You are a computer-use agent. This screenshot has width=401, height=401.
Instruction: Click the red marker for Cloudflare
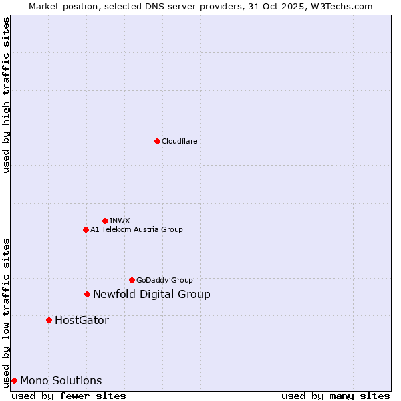click(157, 141)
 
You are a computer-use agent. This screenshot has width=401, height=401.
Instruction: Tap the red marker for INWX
click(105, 221)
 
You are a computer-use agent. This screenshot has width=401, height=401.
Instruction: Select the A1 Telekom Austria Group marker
click(86, 229)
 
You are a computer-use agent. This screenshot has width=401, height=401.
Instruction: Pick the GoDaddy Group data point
click(132, 280)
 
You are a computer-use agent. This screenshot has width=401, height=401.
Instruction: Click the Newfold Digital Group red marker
click(87, 294)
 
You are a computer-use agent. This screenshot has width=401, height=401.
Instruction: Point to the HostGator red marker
click(49, 320)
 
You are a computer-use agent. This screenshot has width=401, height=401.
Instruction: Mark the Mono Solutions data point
click(14, 380)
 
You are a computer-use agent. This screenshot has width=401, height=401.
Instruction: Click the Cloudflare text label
click(179, 141)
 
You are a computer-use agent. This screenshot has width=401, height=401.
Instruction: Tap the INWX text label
click(120, 221)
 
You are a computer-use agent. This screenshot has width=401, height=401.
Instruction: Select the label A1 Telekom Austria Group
click(136, 229)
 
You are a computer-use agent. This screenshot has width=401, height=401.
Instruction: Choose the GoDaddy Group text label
click(164, 280)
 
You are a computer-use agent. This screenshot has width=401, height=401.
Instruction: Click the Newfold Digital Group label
click(152, 294)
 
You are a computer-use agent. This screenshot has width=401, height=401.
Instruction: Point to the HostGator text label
click(82, 320)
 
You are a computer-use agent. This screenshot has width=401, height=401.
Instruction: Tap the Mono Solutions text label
click(61, 380)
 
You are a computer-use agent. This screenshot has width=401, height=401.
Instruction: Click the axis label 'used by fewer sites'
click(69, 396)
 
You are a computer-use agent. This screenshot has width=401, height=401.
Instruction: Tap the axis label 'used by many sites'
click(336, 396)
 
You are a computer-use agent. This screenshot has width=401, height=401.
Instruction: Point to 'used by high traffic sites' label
click(6, 95)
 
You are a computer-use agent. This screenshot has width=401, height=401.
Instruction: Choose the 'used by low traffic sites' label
click(6, 312)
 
